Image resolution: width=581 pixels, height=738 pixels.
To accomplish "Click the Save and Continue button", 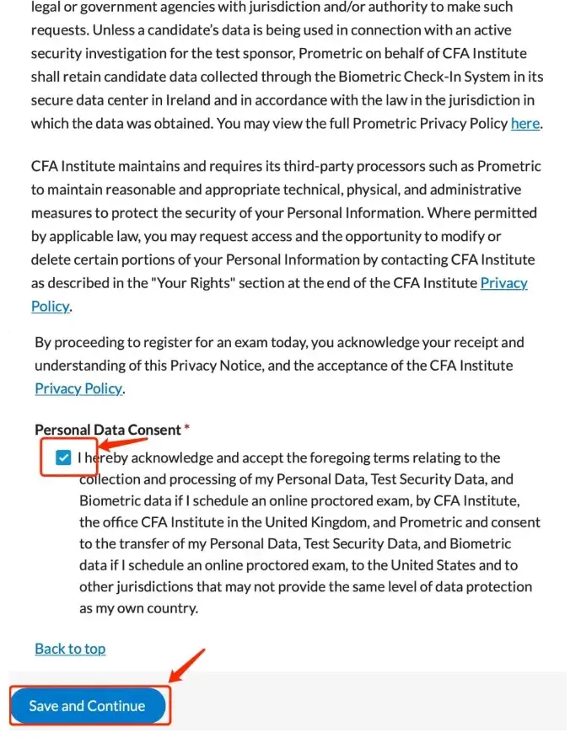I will point(87,706).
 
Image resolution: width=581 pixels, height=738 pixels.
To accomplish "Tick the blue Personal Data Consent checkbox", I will point(63,457).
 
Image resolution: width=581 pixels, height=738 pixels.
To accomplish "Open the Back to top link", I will point(70,649).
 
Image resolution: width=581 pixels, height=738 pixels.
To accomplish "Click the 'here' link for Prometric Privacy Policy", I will point(525,123).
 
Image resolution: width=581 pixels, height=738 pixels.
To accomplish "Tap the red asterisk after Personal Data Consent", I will point(187,430).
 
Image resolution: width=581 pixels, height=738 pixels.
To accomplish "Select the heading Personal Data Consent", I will point(107,430).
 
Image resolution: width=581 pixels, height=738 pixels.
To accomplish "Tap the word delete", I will point(53,259).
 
